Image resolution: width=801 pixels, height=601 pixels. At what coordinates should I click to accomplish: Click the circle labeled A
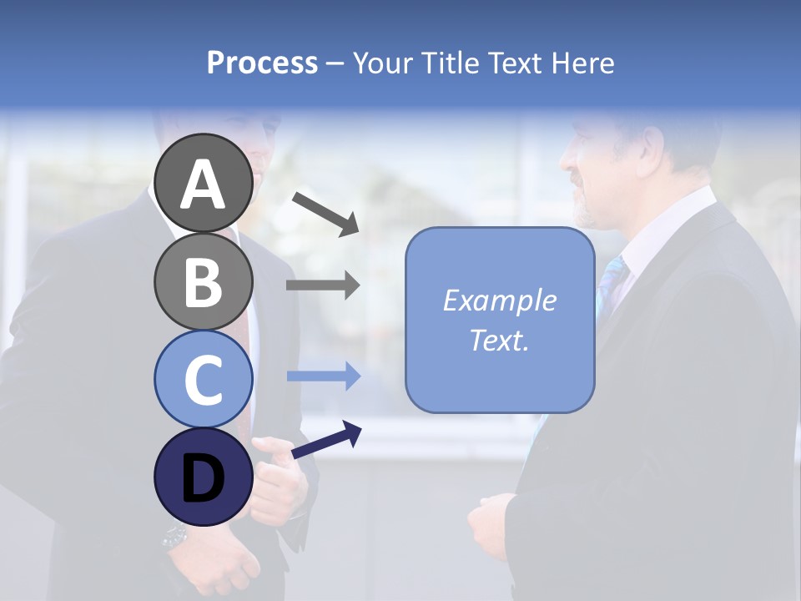tap(203, 183)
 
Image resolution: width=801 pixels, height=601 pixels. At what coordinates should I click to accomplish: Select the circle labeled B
tap(203, 281)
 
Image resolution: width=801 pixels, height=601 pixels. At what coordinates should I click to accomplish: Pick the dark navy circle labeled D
tap(203, 477)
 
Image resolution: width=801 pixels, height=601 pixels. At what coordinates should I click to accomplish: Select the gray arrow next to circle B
tap(323, 285)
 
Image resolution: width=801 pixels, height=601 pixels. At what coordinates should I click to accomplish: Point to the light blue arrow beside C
tap(323, 376)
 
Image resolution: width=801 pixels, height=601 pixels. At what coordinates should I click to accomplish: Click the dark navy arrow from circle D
tap(326, 440)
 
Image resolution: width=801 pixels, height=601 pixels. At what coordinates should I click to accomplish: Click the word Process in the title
tap(262, 63)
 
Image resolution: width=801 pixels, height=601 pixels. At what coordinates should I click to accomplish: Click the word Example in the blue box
tap(499, 300)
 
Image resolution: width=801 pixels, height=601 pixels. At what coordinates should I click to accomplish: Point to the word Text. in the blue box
tap(499, 340)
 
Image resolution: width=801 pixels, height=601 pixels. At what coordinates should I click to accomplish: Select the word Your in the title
tap(380, 63)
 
